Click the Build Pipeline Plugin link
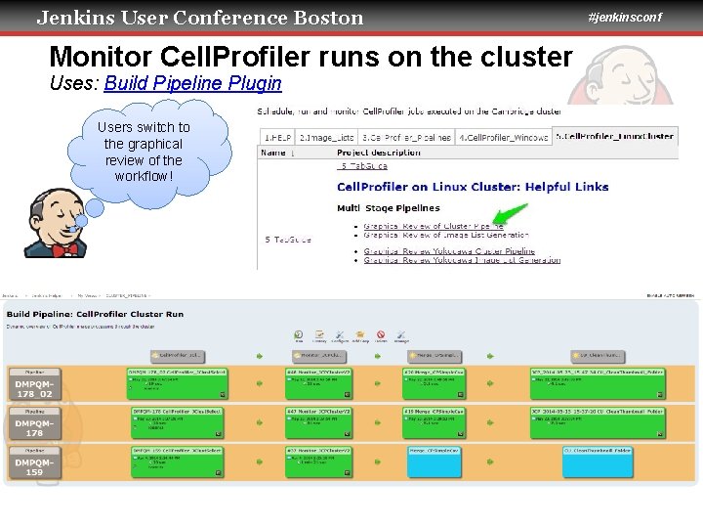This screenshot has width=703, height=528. [x=192, y=84]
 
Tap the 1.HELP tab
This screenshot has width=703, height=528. [x=276, y=137]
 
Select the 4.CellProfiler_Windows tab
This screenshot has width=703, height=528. [x=504, y=137]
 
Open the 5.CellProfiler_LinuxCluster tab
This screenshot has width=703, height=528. [x=615, y=136]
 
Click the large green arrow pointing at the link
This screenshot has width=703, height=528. [x=510, y=216]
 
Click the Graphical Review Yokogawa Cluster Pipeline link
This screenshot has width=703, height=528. [x=449, y=251]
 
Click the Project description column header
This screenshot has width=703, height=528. [x=378, y=153]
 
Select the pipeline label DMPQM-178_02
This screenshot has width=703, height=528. [x=34, y=387]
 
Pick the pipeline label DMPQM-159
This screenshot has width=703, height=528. [x=34, y=465]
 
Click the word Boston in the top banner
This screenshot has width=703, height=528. [x=328, y=18]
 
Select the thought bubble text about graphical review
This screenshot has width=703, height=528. [x=144, y=152]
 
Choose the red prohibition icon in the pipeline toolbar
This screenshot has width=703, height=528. [x=382, y=334]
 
